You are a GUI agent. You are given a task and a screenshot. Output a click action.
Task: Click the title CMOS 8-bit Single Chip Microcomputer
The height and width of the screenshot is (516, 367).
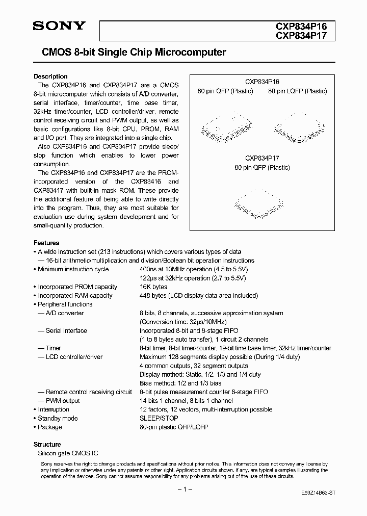pyautogui.click(x=130, y=52)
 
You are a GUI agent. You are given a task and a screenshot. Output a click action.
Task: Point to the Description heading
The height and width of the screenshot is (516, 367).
pyautogui.click(x=50, y=76)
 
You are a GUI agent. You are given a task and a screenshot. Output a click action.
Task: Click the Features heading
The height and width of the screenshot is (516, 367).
pyautogui.click(x=46, y=243)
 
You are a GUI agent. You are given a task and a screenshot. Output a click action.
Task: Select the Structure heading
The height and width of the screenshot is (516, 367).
pyautogui.click(x=47, y=444)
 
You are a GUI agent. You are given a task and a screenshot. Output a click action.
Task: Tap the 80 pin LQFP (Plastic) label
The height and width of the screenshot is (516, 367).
pyautogui.click(x=298, y=91)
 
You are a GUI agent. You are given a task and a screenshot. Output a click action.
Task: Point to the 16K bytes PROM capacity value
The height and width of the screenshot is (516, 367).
pyautogui.click(x=153, y=287)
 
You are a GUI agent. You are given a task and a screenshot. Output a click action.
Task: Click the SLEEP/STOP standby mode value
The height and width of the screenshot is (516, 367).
pyautogui.click(x=159, y=418)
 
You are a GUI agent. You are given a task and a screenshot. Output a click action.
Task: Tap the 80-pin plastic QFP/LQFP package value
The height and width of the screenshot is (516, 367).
pyautogui.click(x=174, y=427)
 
